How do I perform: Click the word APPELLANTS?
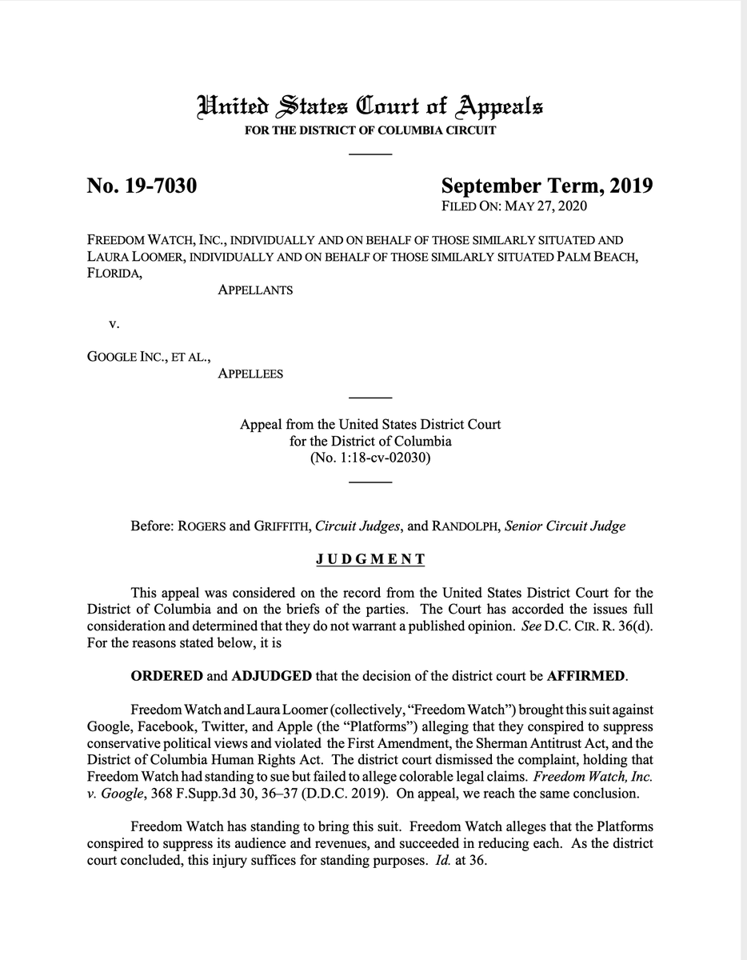coord(255,290)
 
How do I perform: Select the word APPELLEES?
coord(250,373)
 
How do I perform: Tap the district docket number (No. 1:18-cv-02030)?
coord(370,458)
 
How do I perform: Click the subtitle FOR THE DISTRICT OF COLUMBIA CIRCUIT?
coord(370,130)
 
